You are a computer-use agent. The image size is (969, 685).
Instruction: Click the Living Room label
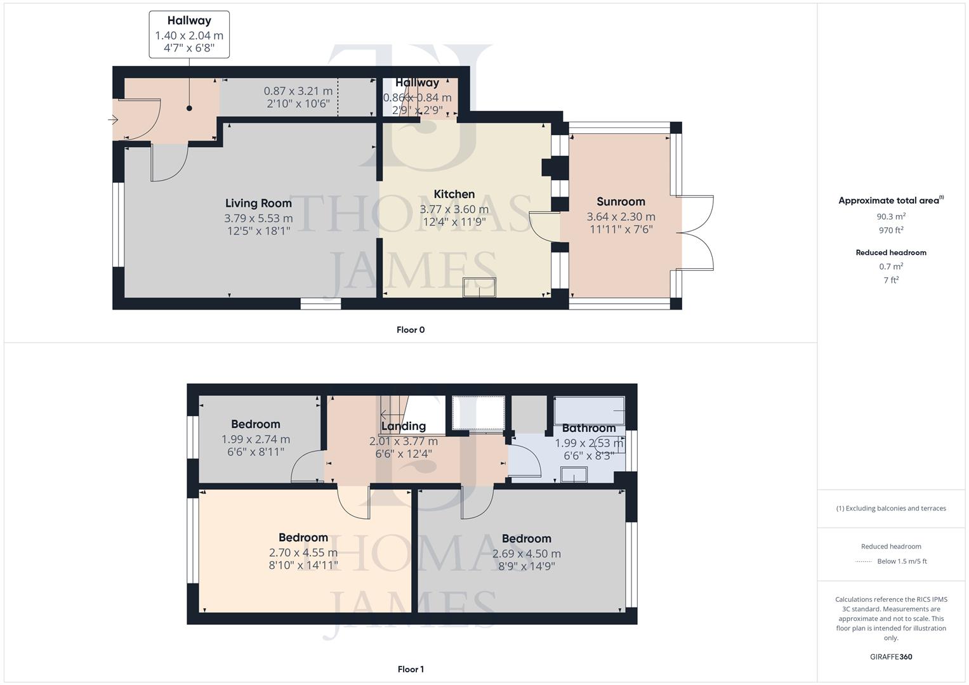[258, 203]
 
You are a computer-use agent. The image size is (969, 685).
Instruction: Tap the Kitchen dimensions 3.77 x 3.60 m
[454, 209]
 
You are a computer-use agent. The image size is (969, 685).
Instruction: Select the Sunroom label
[620, 202]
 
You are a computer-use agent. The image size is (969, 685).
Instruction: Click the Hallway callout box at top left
[189, 35]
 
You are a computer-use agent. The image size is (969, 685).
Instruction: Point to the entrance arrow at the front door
[114, 120]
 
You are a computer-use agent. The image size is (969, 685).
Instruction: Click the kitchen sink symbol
[479, 287]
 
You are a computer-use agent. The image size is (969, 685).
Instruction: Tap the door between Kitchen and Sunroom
[544, 226]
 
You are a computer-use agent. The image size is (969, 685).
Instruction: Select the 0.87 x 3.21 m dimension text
[298, 91]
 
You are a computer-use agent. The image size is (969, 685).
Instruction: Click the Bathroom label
[588, 428]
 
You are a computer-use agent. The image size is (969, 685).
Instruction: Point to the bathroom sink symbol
[574, 475]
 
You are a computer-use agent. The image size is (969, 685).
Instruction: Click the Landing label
[403, 426]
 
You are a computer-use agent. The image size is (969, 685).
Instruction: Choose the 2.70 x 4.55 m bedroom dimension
[303, 552]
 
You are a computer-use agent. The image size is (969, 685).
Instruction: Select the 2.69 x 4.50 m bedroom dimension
[526, 554]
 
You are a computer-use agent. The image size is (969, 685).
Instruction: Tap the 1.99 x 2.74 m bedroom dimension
[255, 439]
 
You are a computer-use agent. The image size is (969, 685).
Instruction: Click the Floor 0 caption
[410, 330]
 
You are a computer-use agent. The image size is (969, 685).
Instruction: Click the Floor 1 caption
[410, 669]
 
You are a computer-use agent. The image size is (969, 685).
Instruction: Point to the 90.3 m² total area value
[890, 216]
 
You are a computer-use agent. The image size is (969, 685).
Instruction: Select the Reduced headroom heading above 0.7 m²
[890, 252]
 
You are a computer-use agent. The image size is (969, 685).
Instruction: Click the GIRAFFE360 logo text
[890, 657]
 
